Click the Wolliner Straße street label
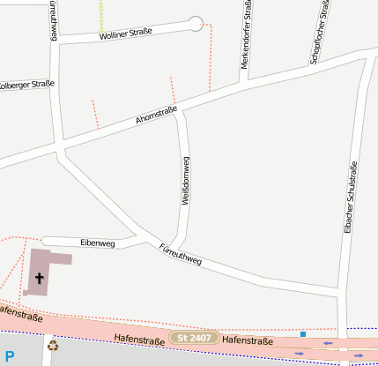pyautogui.click(x=125, y=34)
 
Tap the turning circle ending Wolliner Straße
pyautogui.click(x=196, y=24)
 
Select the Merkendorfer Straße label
pyautogui.click(x=245, y=35)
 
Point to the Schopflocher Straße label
pyautogui.click(x=319, y=33)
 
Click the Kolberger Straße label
pyautogui.click(x=26, y=86)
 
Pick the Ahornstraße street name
pyautogui.click(x=157, y=115)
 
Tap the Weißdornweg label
pyautogui.click(x=186, y=181)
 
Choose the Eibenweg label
pyautogui.click(x=97, y=243)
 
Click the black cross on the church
pyautogui.click(x=39, y=278)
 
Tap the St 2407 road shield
pyautogui.click(x=194, y=338)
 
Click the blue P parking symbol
pyautogui.click(x=9, y=356)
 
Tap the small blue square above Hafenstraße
pyautogui.click(x=303, y=334)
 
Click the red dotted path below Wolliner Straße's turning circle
pyautogui.click(x=211, y=62)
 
